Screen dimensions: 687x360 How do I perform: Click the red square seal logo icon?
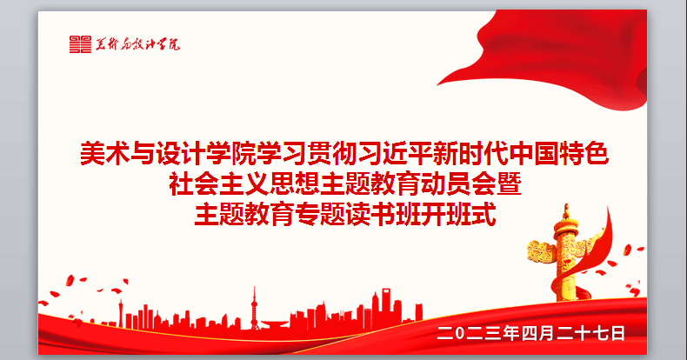coord(80,44)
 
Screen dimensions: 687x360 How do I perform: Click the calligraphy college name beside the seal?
coord(137,44)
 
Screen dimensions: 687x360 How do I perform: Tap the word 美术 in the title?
coord(105,154)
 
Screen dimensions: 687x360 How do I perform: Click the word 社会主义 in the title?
coord(219,184)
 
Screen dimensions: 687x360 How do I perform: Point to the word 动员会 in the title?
coord(458,184)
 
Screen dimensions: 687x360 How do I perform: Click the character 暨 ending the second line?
coord(509,184)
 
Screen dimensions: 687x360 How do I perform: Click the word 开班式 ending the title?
coord(459,214)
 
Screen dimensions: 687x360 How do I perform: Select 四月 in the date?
coord(538,333)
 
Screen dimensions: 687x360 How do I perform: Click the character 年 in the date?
coord(510,333)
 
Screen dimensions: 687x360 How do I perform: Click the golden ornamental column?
coord(565,253)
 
